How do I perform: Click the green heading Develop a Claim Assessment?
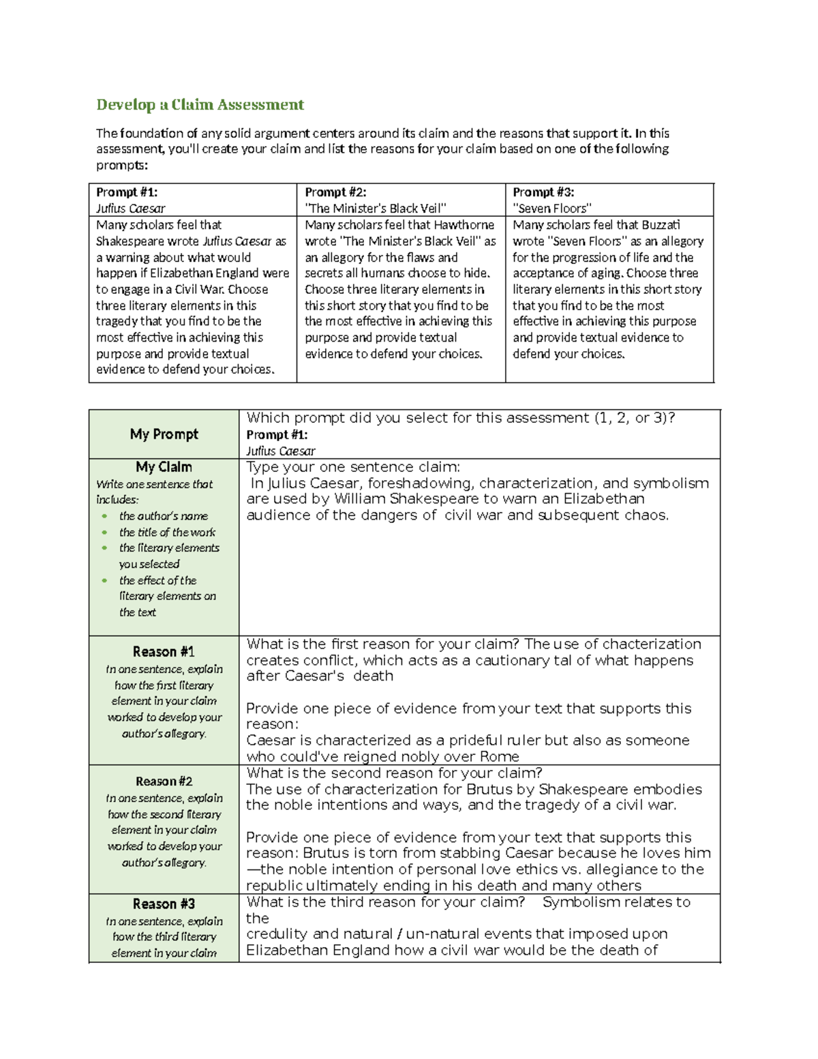200,104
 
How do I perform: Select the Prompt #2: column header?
335,192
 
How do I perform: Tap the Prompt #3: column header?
543,192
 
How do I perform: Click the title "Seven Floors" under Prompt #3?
552,209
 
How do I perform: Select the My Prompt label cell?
164,434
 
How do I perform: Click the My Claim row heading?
164,467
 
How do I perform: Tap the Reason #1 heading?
164,652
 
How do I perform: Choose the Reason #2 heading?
164,781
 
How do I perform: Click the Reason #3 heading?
164,904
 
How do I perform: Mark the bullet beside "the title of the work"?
104,533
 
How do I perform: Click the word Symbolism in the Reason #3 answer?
580,902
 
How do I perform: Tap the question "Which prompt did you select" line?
461,418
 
